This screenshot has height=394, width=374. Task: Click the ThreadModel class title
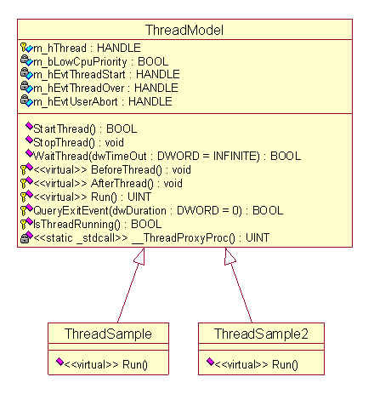click(184, 30)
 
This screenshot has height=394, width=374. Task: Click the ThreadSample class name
click(108, 334)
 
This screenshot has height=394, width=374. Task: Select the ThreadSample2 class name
click(261, 334)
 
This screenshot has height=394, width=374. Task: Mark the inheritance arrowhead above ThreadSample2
click(229, 257)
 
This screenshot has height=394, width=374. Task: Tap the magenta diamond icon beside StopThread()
click(29, 140)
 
